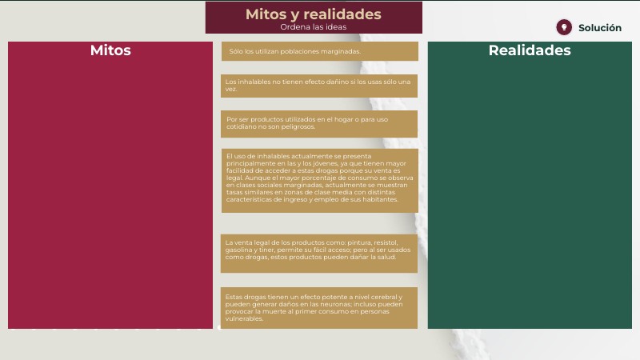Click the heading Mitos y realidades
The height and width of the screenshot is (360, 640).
coord(313,14)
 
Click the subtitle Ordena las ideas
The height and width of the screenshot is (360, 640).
coord(313,27)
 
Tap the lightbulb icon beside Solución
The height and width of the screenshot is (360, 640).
coord(564,27)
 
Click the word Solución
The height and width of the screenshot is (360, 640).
coord(599,28)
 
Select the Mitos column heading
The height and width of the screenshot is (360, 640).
coord(110,50)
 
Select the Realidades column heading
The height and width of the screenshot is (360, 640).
coord(530,50)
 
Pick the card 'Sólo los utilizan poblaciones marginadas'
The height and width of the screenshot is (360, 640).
coord(319,51)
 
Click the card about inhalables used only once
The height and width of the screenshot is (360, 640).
coord(318,86)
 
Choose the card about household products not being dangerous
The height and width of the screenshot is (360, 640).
coord(318,124)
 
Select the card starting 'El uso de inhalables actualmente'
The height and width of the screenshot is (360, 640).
coord(319,181)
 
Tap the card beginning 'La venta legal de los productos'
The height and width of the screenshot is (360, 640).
coord(318,254)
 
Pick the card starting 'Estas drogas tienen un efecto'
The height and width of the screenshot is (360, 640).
coord(318,308)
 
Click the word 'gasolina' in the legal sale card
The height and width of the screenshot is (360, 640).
coord(237,250)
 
